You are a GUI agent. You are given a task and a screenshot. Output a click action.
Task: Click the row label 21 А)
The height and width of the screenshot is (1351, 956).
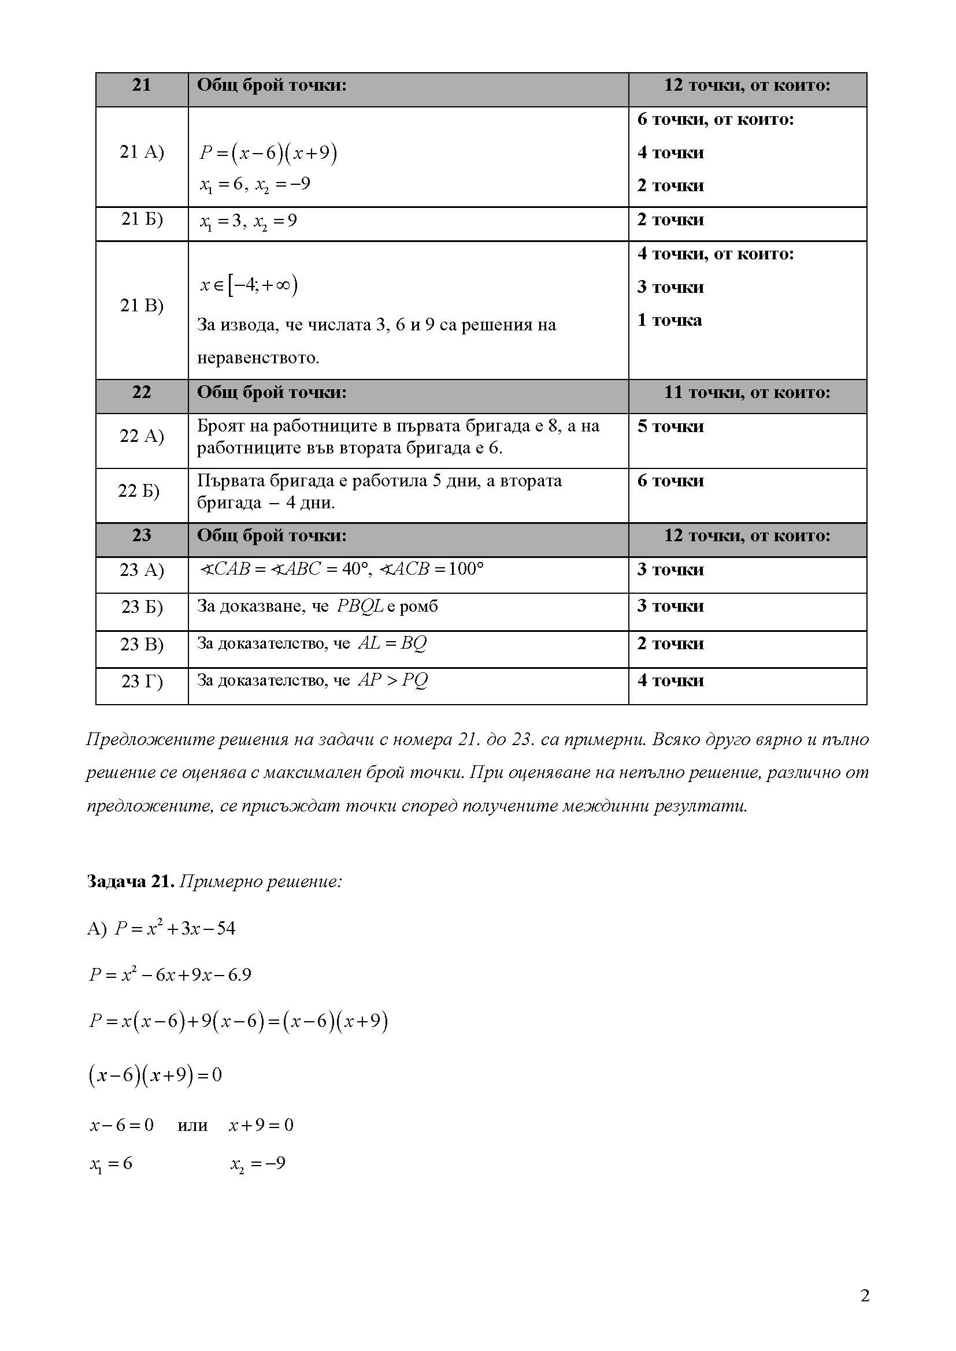click(141, 152)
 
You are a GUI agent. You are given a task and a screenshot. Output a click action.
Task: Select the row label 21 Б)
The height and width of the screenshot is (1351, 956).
click(141, 219)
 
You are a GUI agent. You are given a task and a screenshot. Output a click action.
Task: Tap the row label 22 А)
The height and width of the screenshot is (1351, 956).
click(141, 436)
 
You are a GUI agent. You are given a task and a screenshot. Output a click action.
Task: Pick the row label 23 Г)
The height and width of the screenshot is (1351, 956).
click(141, 681)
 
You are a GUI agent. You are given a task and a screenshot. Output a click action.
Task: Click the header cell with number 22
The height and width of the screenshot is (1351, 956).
click(141, 392)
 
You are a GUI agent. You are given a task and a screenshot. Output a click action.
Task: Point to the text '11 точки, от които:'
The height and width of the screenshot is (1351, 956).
click(746, 392)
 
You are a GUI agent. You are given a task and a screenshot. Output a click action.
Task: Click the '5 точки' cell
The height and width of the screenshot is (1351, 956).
click(670, 426)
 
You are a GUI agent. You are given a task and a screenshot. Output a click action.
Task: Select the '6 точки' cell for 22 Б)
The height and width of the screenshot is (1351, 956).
click(670, 481)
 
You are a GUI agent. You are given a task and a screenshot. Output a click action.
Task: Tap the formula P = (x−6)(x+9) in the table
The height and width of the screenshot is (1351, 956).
click(268, 153)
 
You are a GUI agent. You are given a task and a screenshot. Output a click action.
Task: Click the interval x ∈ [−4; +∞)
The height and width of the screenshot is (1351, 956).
click(249, 285)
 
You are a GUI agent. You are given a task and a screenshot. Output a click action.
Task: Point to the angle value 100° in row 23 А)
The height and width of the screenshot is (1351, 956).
click(465, 569)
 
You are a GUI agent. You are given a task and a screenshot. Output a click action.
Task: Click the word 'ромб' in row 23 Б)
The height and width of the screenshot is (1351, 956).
click(418, 606)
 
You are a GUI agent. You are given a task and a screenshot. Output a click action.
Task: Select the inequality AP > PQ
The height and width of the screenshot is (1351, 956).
click(392, 680)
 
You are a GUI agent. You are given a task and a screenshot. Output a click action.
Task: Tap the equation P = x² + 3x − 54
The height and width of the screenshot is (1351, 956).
click(175, 928)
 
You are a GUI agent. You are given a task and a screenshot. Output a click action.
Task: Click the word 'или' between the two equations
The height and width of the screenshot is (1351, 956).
click(192, 1125)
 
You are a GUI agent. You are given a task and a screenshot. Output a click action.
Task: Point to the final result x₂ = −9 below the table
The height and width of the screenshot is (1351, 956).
click(258, 1163)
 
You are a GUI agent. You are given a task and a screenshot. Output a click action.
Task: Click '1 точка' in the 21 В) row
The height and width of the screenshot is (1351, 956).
click(669, 320)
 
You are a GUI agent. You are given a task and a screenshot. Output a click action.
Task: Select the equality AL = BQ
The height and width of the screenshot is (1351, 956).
click(392, 643)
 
